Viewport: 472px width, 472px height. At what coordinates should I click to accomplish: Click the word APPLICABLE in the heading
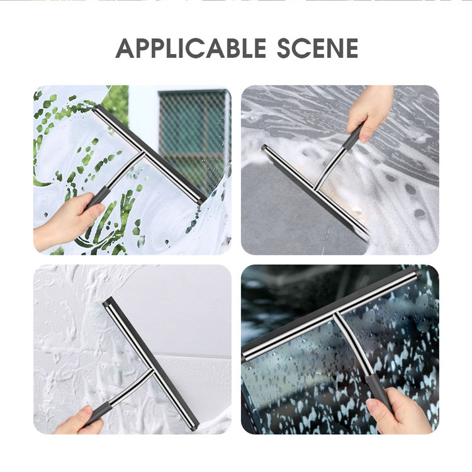click(x=191, y=48)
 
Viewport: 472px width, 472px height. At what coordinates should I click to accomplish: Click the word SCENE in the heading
click(x=318, y=48)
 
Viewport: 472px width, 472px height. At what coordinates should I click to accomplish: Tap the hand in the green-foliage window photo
click(x=65, y=222)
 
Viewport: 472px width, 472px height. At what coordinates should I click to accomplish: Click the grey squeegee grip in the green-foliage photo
click(x=96, y=198)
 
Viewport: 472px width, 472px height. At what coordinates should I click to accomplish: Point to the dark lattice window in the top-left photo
click(x=193, y=138)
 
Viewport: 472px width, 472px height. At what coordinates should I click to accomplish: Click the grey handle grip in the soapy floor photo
click(x=353, y=137)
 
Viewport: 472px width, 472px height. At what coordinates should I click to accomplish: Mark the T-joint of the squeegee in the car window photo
click(x=335, y=314)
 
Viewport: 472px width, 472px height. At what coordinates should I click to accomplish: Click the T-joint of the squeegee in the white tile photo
click(x=151, y=371)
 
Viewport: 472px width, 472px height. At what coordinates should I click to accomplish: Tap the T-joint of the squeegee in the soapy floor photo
click(x=315, y=188)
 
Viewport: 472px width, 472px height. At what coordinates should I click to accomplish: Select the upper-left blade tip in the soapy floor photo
click(x=264, y=147)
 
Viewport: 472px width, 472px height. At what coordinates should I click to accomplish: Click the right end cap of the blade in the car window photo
click(x=417, y=273)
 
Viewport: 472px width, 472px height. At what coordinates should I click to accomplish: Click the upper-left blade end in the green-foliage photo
click(x=96, y=108)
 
